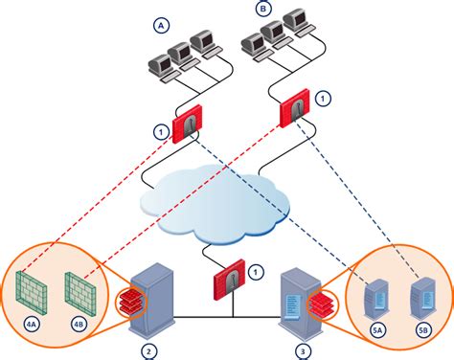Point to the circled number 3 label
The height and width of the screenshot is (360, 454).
(303, 351)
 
